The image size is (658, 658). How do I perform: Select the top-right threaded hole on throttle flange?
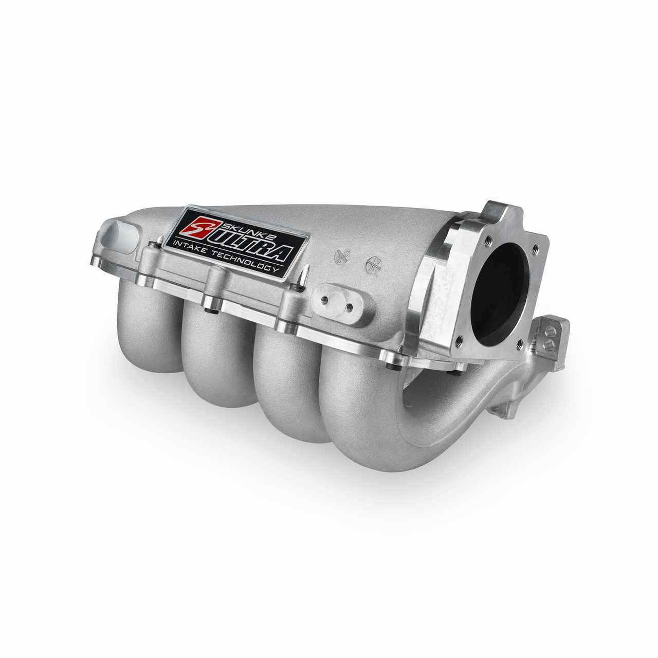[x=536, y=249]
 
